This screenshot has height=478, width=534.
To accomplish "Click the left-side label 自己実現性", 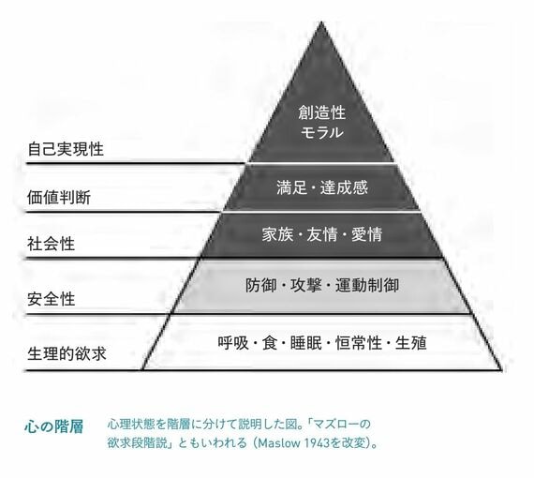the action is point(66,149).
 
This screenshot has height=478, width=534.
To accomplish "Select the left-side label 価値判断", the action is point(59,198).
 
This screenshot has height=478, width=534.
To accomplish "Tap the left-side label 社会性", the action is point(52,244).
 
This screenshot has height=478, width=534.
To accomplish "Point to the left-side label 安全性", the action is point(52,299).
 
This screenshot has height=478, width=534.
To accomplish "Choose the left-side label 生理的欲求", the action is point(67,354).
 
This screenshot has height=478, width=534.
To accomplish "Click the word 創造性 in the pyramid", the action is point(322,112).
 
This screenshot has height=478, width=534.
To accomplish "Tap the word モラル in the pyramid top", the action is point(322,132).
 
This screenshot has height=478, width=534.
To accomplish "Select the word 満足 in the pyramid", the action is point(292,187).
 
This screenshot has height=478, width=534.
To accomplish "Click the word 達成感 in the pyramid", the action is point(345,187).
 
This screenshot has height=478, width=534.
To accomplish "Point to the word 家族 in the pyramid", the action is point(277,234).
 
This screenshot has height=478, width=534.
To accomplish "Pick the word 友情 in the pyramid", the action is point(322,234).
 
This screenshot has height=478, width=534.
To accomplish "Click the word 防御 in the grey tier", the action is point(260,285).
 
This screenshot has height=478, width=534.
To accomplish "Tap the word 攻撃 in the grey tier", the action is point(305,285).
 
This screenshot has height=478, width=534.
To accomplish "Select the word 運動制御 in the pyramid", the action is point(367,285).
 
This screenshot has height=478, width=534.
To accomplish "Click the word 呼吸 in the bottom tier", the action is point(233,343).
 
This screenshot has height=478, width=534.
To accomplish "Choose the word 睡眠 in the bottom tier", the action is point(306,343).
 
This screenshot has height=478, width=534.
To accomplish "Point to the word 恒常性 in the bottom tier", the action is point(359,343).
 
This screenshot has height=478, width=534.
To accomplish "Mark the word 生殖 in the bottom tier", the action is point(411,343).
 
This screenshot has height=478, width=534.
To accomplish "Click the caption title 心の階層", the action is point(54,426).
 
